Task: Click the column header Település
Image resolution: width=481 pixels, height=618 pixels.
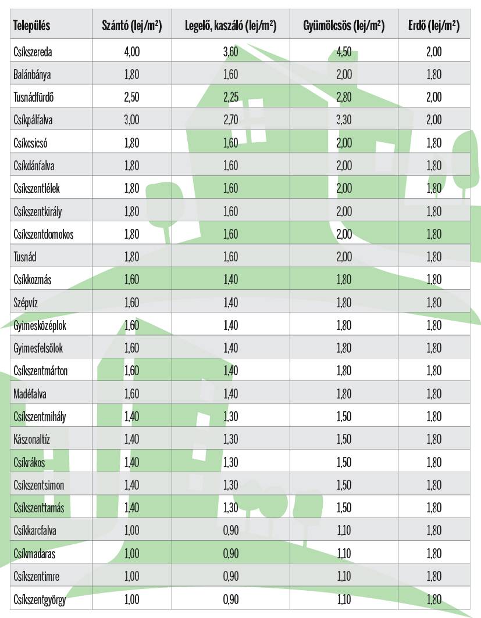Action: tap(32, 26)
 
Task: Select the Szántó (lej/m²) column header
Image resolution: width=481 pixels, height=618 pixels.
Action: tap(132, 26)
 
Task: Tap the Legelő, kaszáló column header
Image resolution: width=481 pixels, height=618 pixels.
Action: tap(230, 26)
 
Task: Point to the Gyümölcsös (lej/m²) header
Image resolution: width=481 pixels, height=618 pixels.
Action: tap(344, 26)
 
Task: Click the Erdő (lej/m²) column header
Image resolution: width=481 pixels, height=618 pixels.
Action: tap(434, 26)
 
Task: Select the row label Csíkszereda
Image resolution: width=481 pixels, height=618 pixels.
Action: tap(33, 52)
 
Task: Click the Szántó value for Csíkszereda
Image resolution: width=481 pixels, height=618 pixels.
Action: tap(132, 52)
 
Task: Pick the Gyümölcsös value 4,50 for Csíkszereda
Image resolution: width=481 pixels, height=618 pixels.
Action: tap(344, 52)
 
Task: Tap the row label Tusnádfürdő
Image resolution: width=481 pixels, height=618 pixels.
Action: tap(34, 97)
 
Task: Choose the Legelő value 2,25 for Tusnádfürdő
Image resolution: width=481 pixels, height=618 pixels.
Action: tap(230, 97)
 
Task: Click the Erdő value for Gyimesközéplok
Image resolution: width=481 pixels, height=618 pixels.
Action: tap(434, 325)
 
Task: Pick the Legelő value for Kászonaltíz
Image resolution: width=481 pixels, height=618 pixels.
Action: tap(230, 440)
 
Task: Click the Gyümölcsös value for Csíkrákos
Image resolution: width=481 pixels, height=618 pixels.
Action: tap(344, 462)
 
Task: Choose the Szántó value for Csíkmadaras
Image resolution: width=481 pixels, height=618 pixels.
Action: tap(132, 554)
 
